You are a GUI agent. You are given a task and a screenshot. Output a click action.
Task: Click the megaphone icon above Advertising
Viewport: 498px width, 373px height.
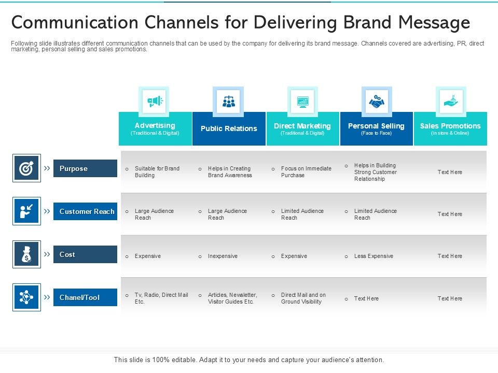(x=155, y=102)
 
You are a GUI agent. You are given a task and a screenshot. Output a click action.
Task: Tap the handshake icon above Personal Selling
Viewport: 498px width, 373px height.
(x=376, y=102)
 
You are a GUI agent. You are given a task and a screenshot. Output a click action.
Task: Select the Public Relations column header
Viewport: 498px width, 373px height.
(x=229, y=128)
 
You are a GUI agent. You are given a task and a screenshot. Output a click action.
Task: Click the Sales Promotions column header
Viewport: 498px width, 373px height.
(x=450, y=128)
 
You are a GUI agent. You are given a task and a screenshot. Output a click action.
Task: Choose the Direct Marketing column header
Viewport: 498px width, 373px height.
(x=302, y=128)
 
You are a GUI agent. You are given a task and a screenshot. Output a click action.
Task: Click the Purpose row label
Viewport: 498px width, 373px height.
(x=85, y=168)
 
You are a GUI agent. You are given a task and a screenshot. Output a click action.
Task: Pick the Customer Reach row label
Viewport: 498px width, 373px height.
(x=85, y=211)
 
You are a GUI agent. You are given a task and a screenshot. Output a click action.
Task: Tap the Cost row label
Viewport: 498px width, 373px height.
(x=85, y=254)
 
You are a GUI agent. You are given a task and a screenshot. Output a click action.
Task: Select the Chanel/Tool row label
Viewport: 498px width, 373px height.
(x=85, y=297)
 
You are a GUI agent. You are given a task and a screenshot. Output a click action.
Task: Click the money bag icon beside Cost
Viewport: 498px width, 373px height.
(x=26, y=254)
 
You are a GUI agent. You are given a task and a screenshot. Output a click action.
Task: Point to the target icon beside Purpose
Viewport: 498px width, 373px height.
(x=26, y=168)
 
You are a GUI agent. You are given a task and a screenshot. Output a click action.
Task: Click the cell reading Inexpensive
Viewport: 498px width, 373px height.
(x=223, y=256)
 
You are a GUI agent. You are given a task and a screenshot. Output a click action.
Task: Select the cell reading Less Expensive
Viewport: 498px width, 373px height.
(x=374, y=256)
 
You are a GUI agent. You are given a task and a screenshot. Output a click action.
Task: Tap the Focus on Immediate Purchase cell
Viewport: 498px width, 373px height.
(x=306, y=172)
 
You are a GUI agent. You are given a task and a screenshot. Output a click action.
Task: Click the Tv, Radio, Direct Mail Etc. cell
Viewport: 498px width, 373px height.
(x=161, y=298)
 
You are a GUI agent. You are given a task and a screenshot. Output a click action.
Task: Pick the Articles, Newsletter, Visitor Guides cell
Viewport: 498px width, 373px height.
(x=232, y=298)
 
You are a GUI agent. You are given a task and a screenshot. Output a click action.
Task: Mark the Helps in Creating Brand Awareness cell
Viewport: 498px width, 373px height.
(x=230, y=172)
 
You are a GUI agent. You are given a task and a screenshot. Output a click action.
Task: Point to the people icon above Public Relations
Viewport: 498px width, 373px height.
(x=228, y=102)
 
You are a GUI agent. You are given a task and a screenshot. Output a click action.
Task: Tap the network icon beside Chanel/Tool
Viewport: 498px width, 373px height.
(x=26, y=297)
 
